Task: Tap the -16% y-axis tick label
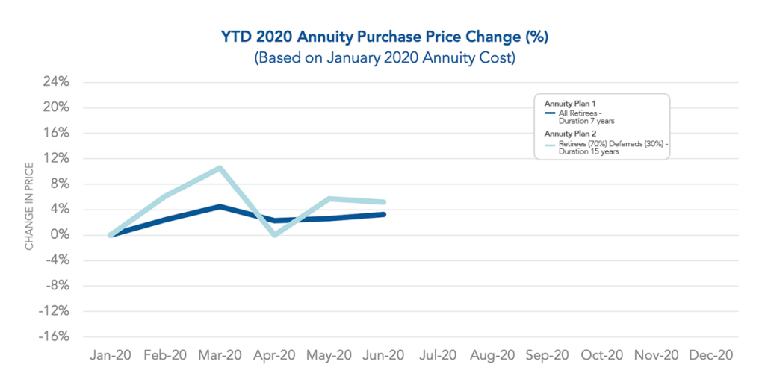[x=53, y=336]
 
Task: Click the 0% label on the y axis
[x=59, y=235]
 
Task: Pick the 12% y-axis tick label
[x=55, y=158]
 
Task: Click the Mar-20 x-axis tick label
[x=219, y=355]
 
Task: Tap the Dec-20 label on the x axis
[x=710, y=355]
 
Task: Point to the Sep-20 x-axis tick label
[x=547, y=355]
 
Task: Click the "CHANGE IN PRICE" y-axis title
[x=30, y=206]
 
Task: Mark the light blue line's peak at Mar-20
[x=220, y=168]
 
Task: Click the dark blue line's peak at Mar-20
[x=220, y=207]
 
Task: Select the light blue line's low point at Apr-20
[x=275, y=234]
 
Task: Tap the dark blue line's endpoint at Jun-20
[x=383, y=214]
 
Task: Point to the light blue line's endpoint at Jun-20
[x=383, y=201]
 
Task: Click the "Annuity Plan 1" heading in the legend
[x=569, y=104]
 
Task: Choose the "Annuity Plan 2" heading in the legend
[x=569, y=134]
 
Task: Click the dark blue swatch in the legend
[x=550, y=113]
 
